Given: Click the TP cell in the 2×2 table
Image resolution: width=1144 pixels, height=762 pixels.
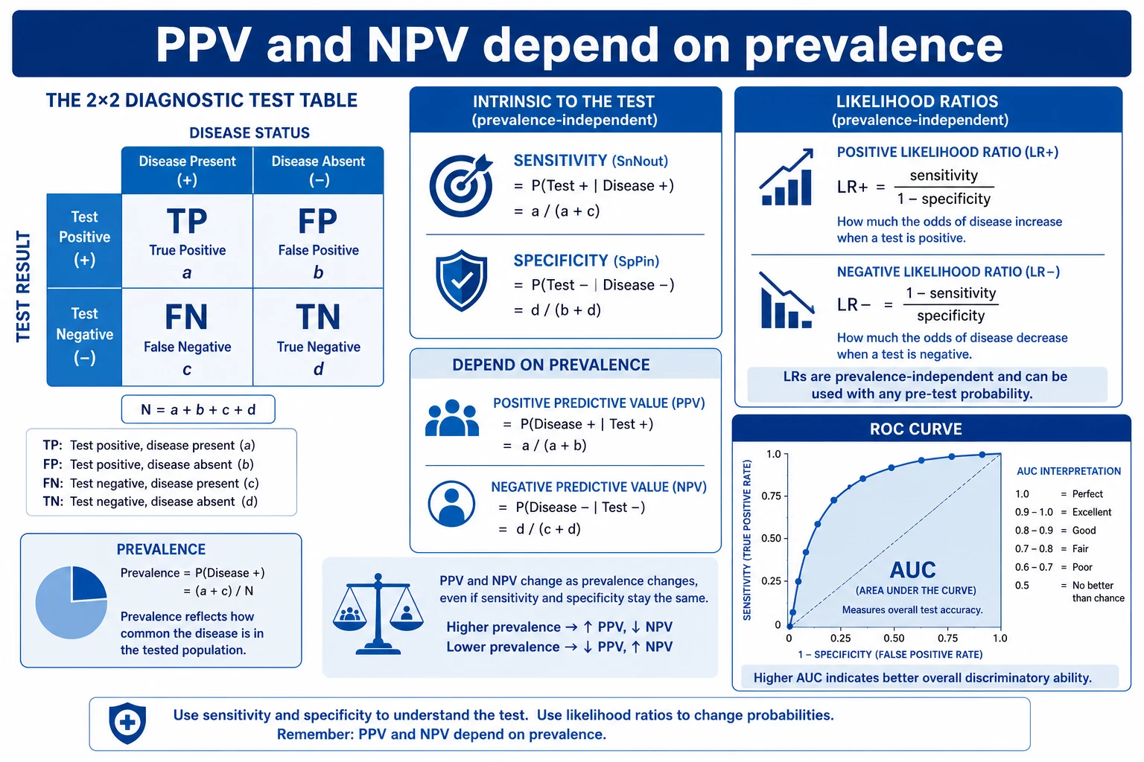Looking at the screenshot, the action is coord(188,241).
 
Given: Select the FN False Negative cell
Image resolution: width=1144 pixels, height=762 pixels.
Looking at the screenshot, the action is coord(188,337).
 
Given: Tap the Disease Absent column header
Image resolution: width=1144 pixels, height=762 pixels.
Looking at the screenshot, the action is coord(318,170).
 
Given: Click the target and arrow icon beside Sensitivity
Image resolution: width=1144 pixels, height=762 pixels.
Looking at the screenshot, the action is coord(461,185).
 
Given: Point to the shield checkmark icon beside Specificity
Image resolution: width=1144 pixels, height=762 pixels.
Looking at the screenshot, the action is coord(461,281).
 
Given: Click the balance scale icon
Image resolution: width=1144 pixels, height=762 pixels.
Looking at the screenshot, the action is coord(378,613).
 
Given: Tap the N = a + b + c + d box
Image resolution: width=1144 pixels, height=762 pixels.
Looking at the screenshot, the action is coord(198,409).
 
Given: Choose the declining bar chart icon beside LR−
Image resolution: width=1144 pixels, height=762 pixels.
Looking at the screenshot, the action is coord(786,300).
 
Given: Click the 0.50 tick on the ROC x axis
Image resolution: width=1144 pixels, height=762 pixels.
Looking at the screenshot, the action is coord(894,638).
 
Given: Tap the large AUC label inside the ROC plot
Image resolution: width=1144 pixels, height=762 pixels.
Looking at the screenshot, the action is coord(912,569).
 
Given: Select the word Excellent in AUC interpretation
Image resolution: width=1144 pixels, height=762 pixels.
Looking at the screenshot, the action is coord(1092,512).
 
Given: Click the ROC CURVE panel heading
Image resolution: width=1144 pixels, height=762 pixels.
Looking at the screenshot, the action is coord(915,429).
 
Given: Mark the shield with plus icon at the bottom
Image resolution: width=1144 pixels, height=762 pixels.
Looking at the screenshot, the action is coord(127,723).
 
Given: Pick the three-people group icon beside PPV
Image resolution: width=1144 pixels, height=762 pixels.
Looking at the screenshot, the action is coord(452,418).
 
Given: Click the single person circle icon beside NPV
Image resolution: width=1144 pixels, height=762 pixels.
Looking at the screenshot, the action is coord(451,504).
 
